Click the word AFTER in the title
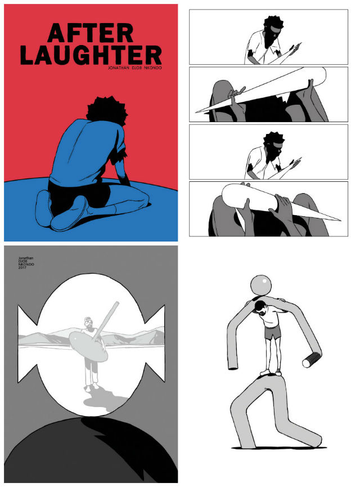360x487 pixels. click(x=91, y=33)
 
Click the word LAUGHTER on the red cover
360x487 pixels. click(x=91, y=55)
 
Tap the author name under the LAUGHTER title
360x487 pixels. click(x=134, y=68)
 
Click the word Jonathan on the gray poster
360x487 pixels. click(x=26, y=258)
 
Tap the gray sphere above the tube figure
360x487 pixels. click(x=260, y=285)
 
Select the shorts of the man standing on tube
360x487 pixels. click(x=272, y=333)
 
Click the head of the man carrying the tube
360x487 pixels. click(x=259, y=309)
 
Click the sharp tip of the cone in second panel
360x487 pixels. click(x=196, y=112)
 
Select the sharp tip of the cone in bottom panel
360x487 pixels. click(x=340, y=219)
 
